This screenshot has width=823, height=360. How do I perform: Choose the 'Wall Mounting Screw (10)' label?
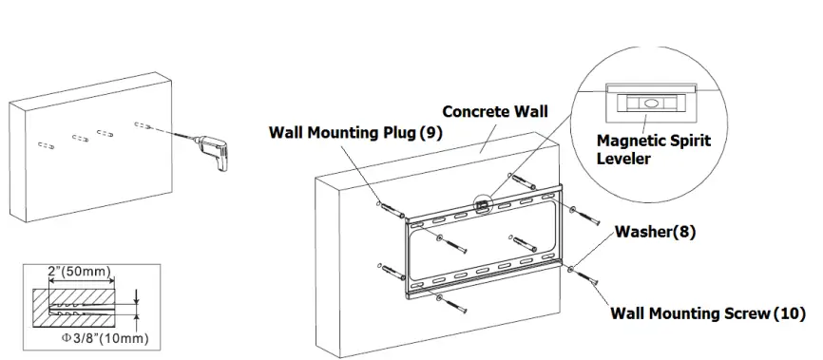coord(707,313)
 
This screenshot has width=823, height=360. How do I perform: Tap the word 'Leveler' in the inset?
coord(623,159)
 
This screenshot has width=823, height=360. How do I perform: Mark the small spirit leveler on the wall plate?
coord(484,202)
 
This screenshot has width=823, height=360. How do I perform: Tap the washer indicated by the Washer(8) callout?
coord(569,271)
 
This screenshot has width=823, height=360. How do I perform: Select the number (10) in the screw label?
coord(789,313)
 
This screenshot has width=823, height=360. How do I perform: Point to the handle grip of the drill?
coord(221,161)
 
